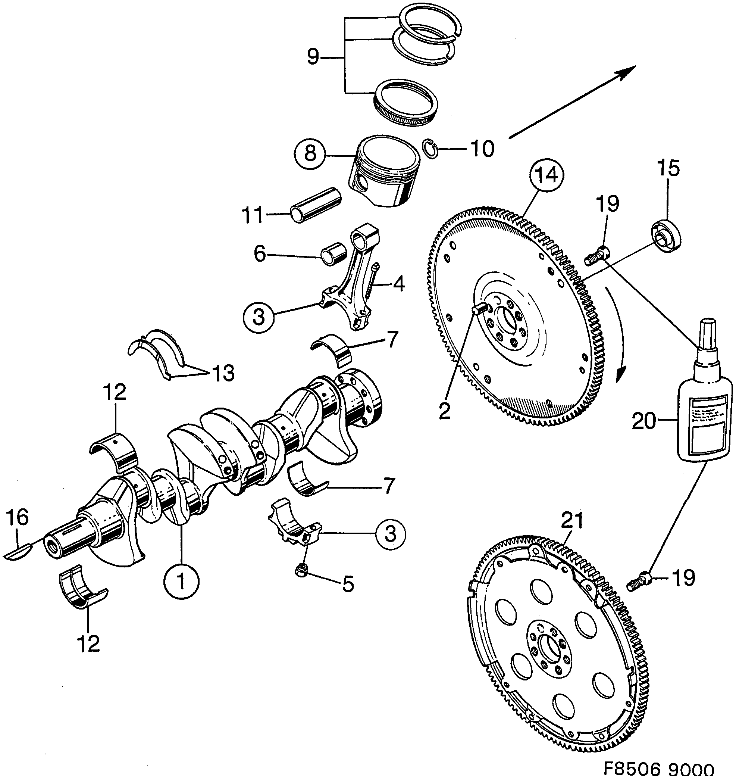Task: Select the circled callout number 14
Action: point(546,176)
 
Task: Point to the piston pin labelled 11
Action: point(316,205)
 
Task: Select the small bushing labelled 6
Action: point(333,255)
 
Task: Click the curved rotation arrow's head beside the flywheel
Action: point(620,375)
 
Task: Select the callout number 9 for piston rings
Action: point(313,58)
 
